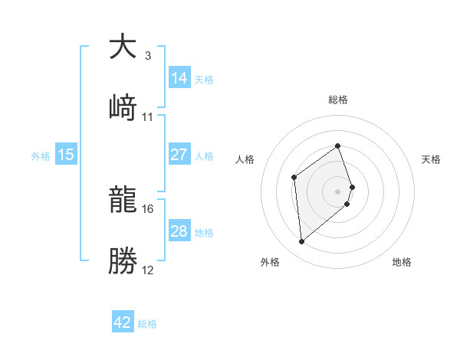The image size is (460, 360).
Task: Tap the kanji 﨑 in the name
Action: [x=123, y=106]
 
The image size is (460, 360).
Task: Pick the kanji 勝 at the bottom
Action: [x=123, y=260]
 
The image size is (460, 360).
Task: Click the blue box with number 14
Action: [x=179, y=78]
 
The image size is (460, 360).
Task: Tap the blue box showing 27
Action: [x=179, y=155]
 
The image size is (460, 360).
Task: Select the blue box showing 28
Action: [x=179, y=231]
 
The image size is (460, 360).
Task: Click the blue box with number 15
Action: [x=66, y=155]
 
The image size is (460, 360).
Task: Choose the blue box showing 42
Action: [x=123, y=322]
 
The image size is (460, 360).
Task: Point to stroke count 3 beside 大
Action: [x=147, y=56]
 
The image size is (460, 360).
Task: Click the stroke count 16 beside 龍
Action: [x=147, y=208]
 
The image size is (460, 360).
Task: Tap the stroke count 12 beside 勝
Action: [x=147, y=270]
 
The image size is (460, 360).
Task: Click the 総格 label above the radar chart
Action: [x=338, y=100]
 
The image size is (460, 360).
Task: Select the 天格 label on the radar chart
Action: [x=431, y=159]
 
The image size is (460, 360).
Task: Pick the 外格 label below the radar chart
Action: [x=270, y=262]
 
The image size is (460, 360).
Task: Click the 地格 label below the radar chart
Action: [x=402, y=262]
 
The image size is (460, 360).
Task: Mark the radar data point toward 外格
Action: [x=302, y=242]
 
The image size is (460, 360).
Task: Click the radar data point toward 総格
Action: [x=338, y=145]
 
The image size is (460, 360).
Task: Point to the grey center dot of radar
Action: [x=338, y=190]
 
